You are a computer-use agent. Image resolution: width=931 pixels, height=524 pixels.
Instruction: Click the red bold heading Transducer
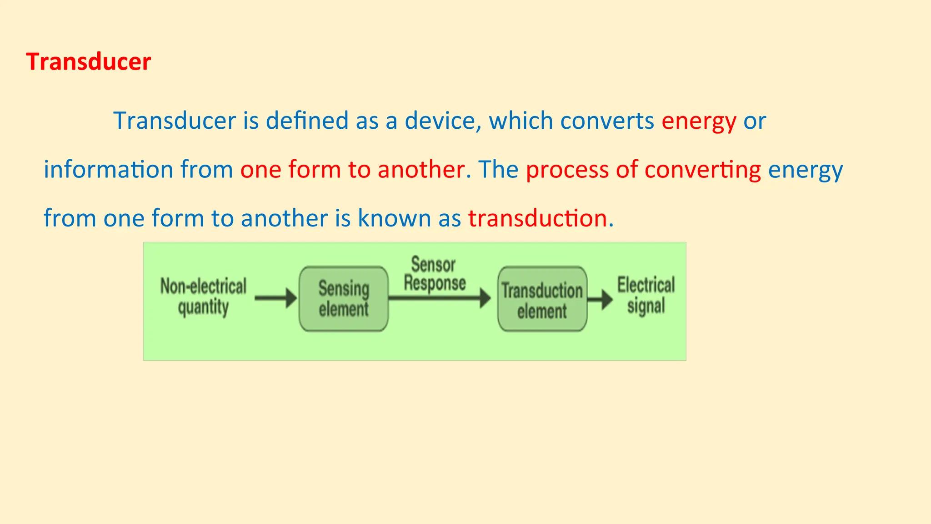(89, 62)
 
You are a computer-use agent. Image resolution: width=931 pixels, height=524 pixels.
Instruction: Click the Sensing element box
(344, 299)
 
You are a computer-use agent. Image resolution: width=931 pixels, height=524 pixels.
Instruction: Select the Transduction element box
(542, 299)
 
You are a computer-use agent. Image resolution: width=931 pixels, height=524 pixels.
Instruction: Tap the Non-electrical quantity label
(203, 297)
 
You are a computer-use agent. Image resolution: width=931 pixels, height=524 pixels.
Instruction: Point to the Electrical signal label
(646, 295)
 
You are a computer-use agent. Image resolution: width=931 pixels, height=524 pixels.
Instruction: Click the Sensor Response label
(435, 274)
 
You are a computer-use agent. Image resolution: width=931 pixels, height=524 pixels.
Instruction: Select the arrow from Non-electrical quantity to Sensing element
(275, 298)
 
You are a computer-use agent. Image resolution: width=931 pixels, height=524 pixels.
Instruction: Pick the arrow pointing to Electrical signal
(600, 300)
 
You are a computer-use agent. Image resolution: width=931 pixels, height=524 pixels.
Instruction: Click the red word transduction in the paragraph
(538, 218)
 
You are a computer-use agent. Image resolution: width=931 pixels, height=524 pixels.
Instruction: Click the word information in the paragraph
(108, 170)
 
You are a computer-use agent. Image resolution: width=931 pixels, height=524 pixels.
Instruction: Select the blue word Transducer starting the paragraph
(175, 121)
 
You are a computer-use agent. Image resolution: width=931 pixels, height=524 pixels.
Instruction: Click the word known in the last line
(394, 218)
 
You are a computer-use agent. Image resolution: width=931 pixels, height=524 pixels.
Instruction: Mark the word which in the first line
(521, 121)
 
